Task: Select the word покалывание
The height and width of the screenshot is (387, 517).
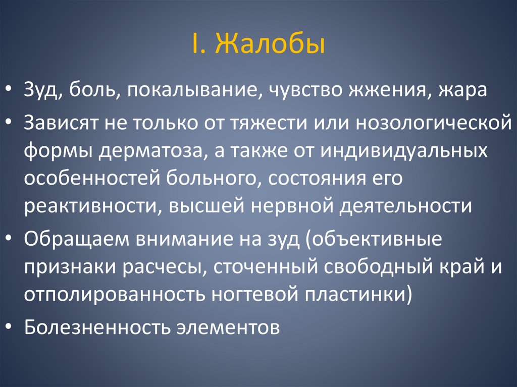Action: click(x=196, y=92)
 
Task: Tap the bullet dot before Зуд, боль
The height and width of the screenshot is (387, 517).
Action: click(x=10, y=92)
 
